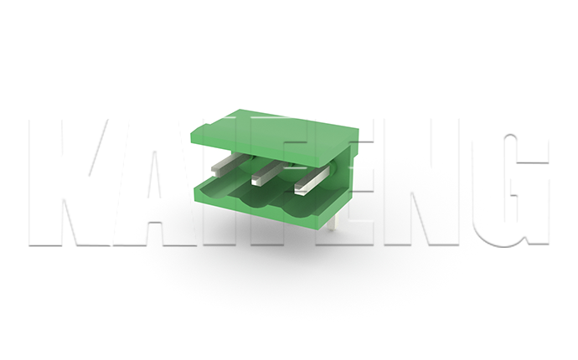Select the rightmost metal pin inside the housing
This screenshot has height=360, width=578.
pyautogui.click(x=312, y=180)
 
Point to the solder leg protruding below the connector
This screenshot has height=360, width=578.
pyautogui.click(x=333, y=223)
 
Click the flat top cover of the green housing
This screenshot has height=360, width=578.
pyautogui.click(x=275, y=136)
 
